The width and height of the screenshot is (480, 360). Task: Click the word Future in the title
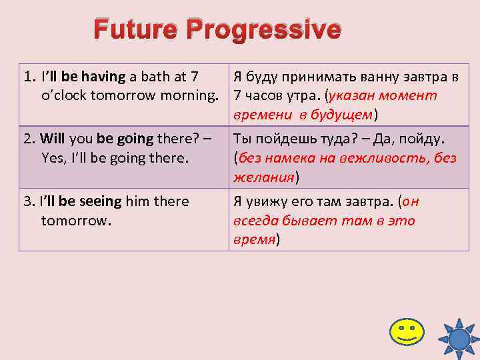click(x=137, y=30)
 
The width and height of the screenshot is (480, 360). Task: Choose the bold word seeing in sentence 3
click(x=101, y=201)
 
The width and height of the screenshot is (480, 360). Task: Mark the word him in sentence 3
click(x=137, y=201)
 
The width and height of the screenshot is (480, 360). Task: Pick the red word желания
click(x=263, y=177)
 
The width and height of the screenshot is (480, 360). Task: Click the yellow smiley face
click(x=407, y=331)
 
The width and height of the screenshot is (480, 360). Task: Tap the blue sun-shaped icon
click(x=459, y=339)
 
